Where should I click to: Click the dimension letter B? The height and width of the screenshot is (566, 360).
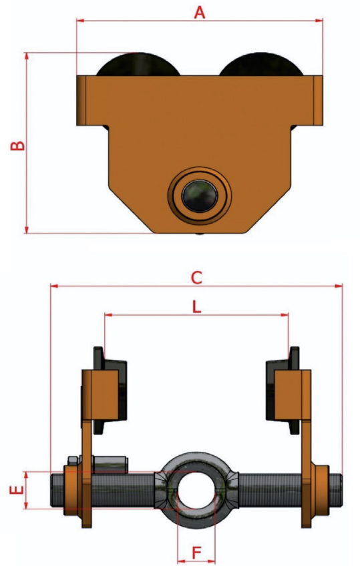[x=17, y=145]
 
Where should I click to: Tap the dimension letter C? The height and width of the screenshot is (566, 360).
[x=196, y=278]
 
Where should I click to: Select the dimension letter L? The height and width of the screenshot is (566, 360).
[x=196, y=307]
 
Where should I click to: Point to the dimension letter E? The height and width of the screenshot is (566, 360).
[x=17, y=490]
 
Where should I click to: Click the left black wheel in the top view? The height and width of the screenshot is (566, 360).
[x=138, y=64]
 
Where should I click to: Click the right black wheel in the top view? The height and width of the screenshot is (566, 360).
[x=261, y=64]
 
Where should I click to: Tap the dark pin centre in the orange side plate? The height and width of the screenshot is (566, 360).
[x=200, y=196]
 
